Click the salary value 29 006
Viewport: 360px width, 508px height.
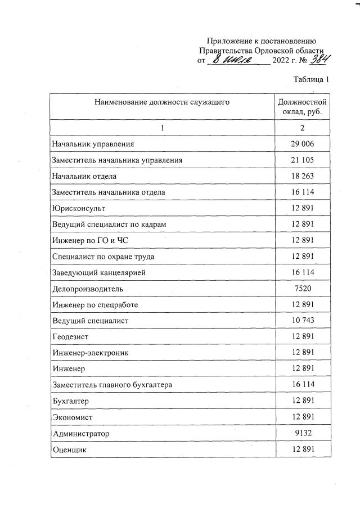(302, 144)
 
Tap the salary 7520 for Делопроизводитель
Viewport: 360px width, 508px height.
(302, 289)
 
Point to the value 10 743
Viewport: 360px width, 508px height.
(302, 321)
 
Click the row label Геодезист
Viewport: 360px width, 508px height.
(70, 337)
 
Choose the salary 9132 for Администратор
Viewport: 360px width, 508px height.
(302, 434)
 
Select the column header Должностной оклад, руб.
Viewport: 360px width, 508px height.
(302, 107)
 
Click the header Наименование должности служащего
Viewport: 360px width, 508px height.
(162, 102)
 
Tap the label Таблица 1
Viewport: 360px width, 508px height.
(311, 79)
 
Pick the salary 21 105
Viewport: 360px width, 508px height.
(302, 160)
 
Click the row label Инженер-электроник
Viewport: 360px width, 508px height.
(91, 353)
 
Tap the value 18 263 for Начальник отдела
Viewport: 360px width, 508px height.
(302, 176)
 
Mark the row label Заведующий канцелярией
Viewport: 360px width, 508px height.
(99, 273)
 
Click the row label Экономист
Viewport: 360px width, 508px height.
(72, 417)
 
